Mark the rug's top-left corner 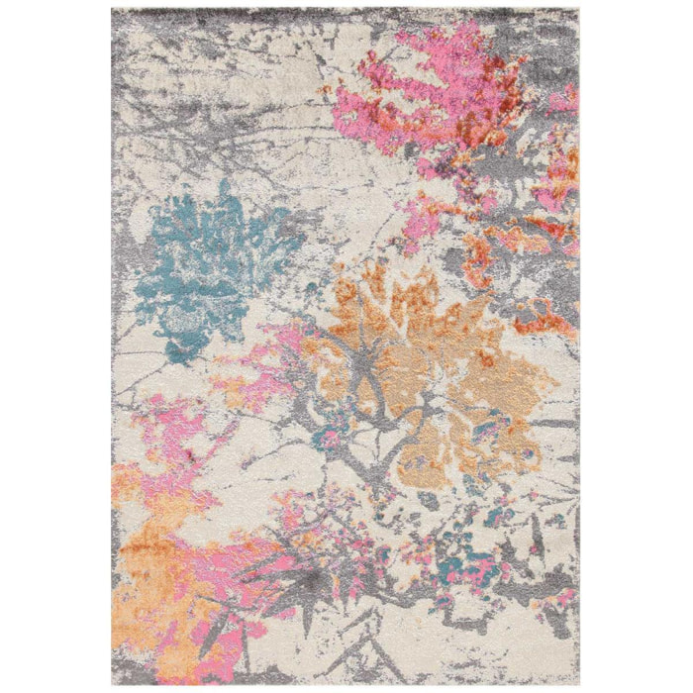[x=113, y=8]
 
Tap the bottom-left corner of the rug [x=113, y=685]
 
